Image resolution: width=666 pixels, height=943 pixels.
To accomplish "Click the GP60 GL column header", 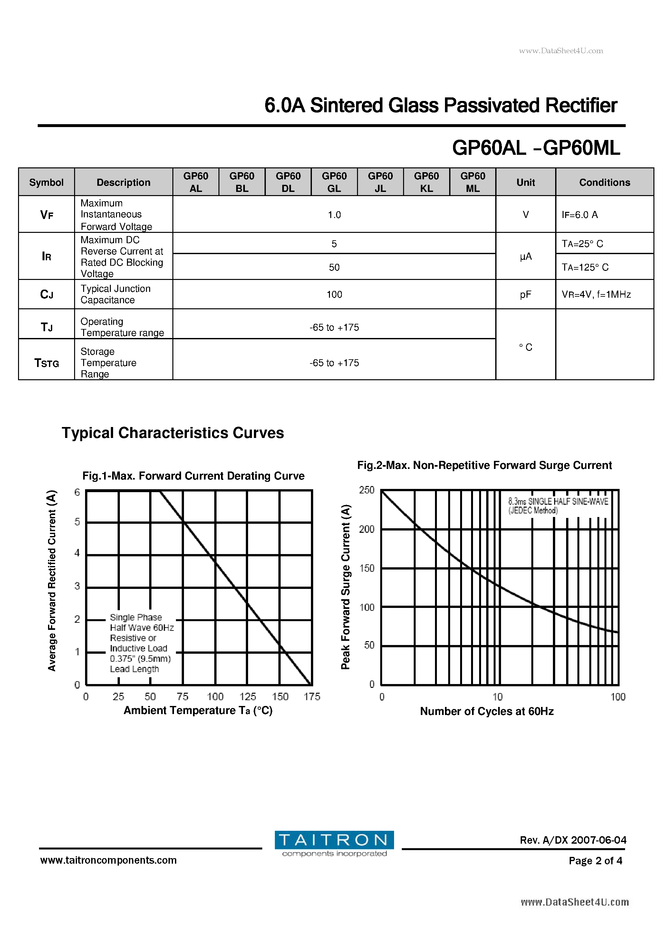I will click(x=334, y=182).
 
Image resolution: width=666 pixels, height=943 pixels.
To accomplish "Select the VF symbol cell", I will click(x=46, y=214).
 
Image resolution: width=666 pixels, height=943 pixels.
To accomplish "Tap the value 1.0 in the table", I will click(x=334, y=215).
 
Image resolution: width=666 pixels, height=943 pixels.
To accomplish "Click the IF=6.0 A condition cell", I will click(x=579, y=215).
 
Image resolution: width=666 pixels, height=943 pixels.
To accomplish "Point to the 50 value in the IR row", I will click(x=334, y=267).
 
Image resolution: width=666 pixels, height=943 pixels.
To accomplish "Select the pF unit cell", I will click(x=525, y=294).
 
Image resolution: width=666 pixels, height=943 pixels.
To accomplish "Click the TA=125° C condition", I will click(x=585, y=267).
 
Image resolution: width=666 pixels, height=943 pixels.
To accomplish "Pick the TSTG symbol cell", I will click(x=46, y=363).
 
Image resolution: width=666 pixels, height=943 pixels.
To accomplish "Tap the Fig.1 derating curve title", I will click(x=193, y=476).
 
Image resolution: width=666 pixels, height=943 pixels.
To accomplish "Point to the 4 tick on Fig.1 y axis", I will click(x=77, y=553).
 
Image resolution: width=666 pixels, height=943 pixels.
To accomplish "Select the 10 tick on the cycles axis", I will click(x=497, y=697).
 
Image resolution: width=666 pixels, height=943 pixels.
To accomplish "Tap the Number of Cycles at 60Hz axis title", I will click(x=487, y=711).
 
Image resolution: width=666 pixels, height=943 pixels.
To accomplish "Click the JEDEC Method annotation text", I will click(x=533, y=511).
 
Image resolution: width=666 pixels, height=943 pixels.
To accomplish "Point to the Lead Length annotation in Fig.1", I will click(x=134, y=669).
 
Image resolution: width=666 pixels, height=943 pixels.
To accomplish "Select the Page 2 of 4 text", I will click(x=595, y=861).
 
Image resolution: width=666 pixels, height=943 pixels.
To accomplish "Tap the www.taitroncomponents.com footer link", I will click(x=108, y=860).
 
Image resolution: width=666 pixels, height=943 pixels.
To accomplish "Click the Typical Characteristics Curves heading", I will click(x=173, y=433).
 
